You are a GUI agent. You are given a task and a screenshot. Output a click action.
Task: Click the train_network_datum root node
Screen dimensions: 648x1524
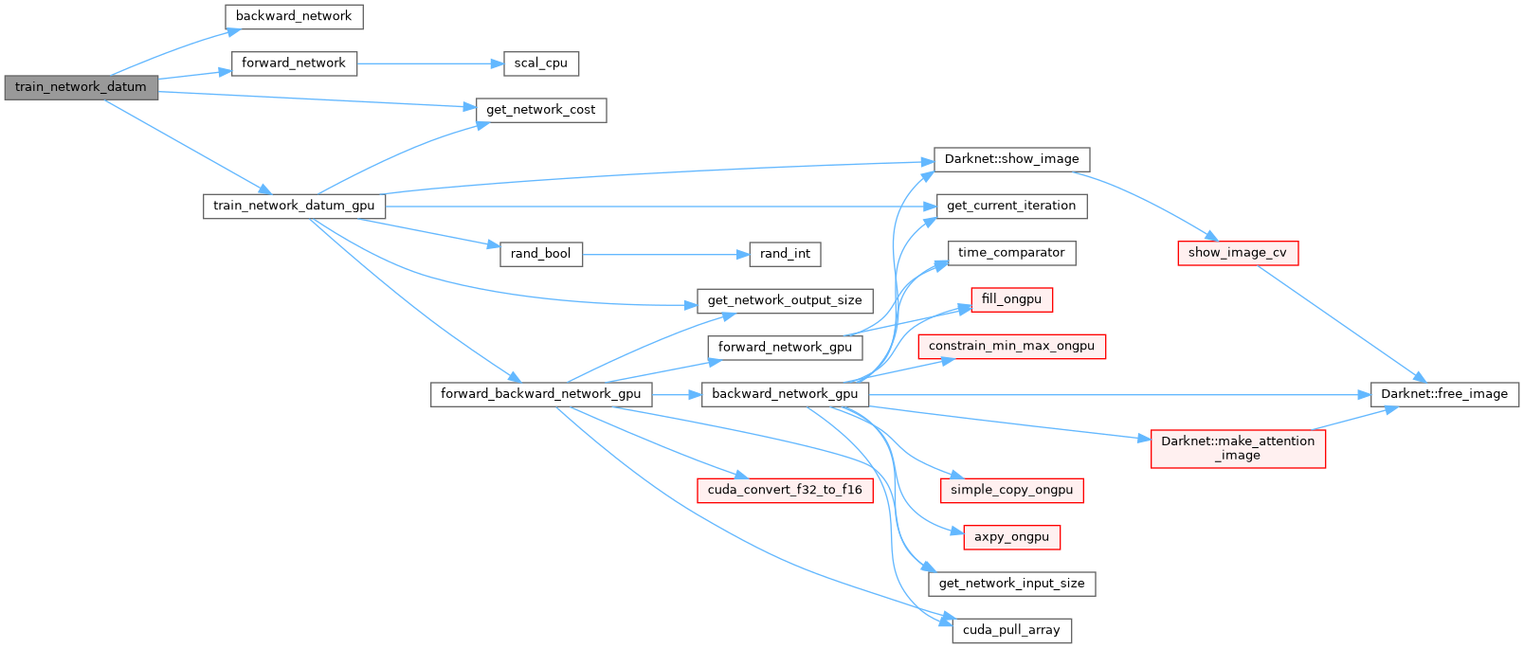[x=81, y=87]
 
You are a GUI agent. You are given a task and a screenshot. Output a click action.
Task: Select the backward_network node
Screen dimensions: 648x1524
[x=294, y=16]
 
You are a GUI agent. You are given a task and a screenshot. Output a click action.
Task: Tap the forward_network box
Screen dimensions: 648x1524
[x=294, y=63]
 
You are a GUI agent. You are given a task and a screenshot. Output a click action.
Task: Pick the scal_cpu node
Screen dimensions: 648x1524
[x=540, y=63]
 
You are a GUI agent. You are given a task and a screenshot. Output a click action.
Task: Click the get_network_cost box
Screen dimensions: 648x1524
[x=540, y=110]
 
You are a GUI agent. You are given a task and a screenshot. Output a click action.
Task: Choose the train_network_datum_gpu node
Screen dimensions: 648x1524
[x=294, y=206]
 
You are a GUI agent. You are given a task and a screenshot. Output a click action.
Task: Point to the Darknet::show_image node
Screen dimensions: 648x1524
[x=1011, y=159]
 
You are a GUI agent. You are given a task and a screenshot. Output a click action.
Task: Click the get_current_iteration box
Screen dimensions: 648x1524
[x=1011, y=206]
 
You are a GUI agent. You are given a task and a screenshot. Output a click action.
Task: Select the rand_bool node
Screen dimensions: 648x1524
[x=540, y=254]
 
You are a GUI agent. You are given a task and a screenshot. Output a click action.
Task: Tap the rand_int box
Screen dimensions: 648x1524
[x=785, y=254]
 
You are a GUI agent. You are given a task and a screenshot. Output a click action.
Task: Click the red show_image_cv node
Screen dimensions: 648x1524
[x=1237, y=253]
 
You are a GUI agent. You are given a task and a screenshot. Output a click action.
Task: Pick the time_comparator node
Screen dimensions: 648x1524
[x=1011, y=253]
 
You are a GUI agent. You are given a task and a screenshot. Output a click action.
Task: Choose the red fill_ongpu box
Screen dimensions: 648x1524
[x=1011, y=299]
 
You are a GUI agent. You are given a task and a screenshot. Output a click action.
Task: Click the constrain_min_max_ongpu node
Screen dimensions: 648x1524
[x=1011, y=346]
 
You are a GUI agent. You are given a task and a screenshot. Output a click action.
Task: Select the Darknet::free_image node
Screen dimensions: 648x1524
[x=1444, y=394]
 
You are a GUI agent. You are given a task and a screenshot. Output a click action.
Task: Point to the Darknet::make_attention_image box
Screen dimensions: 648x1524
[x=1237, y=448]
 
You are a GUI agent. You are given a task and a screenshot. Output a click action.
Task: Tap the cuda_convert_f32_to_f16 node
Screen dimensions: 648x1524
[x=785, y=490]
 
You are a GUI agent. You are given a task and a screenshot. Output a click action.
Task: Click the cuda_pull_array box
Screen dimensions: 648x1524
[x=1011, y=630]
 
